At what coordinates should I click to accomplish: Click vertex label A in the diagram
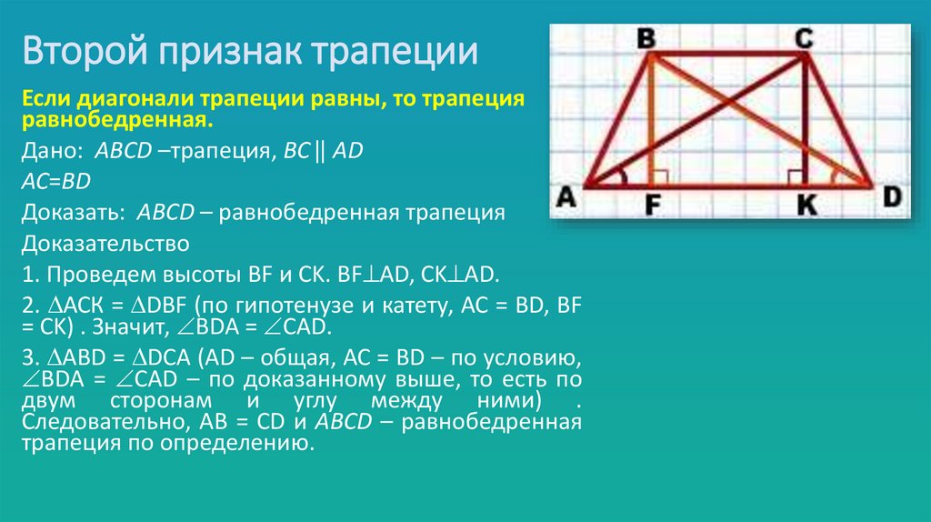coord(566,196)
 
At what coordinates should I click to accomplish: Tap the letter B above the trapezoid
coord(646,39)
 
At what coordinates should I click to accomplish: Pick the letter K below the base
coord(806,206)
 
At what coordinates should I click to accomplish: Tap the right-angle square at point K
coord(796,177)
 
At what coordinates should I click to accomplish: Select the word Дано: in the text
coord(54,152)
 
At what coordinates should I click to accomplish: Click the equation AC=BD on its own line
coord(56,182)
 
